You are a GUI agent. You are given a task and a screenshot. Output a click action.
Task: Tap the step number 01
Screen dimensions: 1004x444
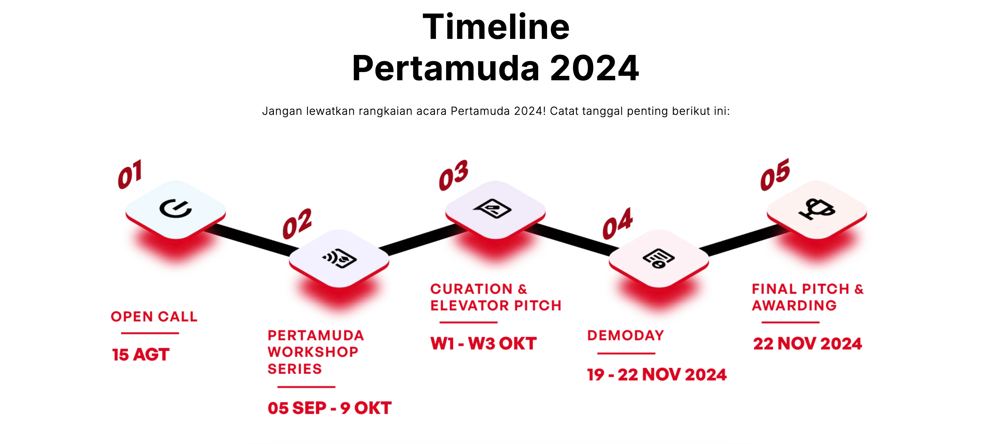130,174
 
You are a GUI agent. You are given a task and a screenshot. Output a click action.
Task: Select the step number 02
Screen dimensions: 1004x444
297,224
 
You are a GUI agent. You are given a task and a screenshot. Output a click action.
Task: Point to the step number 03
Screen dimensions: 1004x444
453,175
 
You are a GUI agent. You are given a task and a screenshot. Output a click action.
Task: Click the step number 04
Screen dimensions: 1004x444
618,224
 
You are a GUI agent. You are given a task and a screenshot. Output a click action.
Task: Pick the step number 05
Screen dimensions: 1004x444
775,174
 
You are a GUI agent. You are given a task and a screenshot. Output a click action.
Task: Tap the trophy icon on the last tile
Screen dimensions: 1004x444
817,209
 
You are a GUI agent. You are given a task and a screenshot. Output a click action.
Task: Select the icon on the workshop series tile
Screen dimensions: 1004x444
339,258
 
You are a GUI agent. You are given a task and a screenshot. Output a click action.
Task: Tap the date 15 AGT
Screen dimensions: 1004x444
141,354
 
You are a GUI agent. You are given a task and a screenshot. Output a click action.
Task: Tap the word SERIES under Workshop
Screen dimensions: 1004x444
295,369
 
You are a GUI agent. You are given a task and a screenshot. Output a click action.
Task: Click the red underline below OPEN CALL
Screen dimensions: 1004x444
150,333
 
